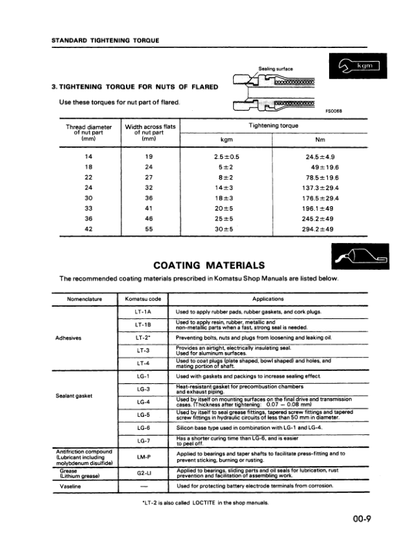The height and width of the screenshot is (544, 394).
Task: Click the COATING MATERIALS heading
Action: tap(208, 265)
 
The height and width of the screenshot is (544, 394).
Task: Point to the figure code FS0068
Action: tap(333, 110)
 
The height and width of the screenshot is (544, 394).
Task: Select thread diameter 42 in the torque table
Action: tap(89, 229)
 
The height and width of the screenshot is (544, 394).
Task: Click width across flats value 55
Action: tap(148, 229)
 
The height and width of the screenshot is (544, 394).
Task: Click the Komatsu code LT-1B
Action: tap(143, 324)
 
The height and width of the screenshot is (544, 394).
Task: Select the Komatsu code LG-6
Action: tap(143, 429)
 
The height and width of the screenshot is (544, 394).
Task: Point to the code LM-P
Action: tap(143, 456)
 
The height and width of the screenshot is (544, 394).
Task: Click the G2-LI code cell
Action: tap(143, 473)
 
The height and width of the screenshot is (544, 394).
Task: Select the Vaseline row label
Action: tap(71, 485)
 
